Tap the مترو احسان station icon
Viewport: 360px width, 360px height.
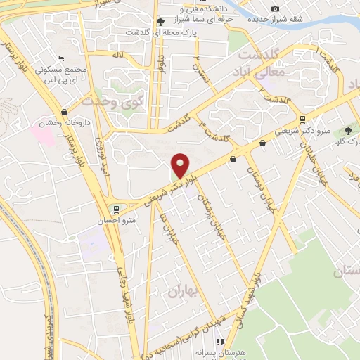116,209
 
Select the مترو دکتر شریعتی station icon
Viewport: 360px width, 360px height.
302,119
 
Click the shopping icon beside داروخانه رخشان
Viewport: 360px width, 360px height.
65,111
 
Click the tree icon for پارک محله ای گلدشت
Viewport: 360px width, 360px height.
160,22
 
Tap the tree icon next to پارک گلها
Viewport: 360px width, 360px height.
349,131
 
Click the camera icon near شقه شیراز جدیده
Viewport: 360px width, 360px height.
275,8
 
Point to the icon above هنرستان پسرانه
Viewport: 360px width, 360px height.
220,342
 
